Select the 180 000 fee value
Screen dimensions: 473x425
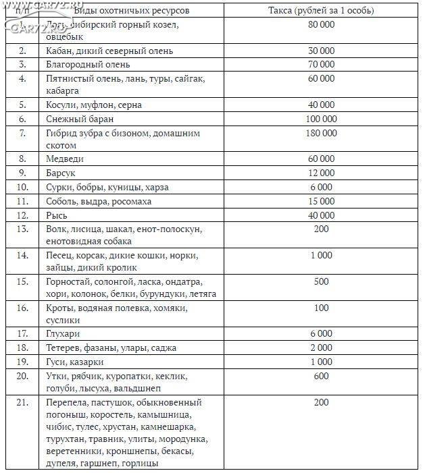[x=321, y=133]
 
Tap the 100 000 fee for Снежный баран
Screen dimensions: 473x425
[x=321, y=119]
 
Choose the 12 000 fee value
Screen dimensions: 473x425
[x=321, y=173]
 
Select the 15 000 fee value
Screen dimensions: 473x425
[x=321, y=201]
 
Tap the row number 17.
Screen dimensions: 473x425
[x=23, y=333]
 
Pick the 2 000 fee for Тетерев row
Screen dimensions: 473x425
[x=321, y=347]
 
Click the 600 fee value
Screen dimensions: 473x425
[x=321, y=375]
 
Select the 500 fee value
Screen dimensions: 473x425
[x=321, y=281]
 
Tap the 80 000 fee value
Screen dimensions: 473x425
[x=321, y=25]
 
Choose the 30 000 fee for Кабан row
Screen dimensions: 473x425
[x=321, y=51]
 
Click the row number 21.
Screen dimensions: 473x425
[x=23, y=403]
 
